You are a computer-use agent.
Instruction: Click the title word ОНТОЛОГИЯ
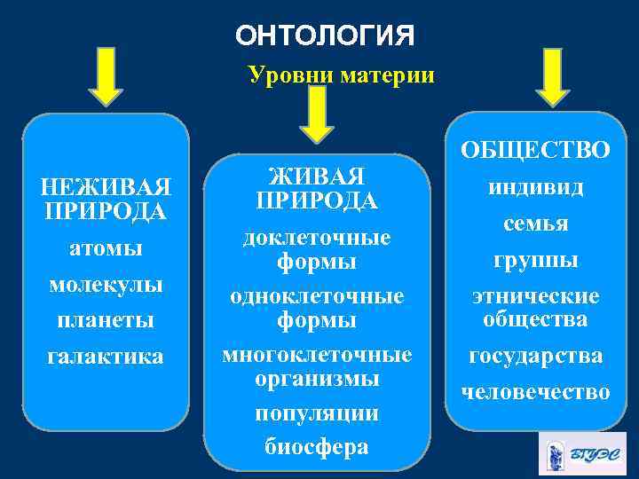tap(325, 36)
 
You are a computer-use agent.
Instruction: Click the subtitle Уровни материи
tap(342, 75)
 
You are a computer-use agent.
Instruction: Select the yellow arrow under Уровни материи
tap(317, 114)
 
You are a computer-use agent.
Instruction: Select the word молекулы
tap(106, 286)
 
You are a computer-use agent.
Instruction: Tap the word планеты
tap(106, 319)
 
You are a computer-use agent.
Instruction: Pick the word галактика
tap(106, 356)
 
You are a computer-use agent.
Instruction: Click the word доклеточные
tap(317, 238)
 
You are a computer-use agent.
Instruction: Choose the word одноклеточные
tap(317, 295)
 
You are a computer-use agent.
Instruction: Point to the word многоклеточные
tap(317, 355)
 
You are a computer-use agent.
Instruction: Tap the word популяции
tap(317, 413)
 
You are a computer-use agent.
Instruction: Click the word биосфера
tap(317, 447)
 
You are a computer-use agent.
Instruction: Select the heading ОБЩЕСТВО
tap(534, 151)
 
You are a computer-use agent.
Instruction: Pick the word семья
tap(534, 224)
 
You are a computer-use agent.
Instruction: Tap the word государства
tap(534, 356)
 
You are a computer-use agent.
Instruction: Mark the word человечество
tap(534, 391)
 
